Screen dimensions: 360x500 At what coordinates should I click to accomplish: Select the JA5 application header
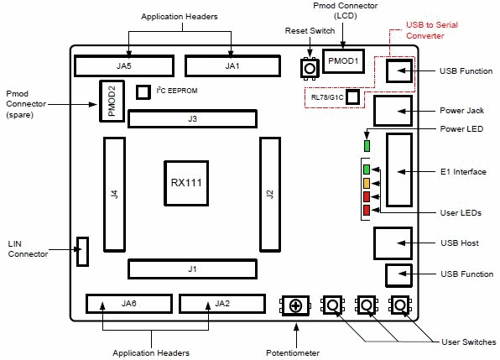pos(123,65)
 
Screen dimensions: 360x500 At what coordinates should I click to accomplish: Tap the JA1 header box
pos(232,65)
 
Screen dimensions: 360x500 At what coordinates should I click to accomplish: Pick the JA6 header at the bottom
pos(128,303)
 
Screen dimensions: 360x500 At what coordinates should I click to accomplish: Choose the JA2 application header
pos(221,303)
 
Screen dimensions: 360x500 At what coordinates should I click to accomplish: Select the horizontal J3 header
pos(192,119)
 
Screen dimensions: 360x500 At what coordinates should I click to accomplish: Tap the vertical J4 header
pos(113,194)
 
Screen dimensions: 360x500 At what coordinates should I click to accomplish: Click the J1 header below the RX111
pos(192,269)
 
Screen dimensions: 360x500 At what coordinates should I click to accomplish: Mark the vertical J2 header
pos(269,194)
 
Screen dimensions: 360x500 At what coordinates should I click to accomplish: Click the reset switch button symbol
pos(309,68)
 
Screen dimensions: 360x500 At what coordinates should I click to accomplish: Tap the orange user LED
pos(366,183)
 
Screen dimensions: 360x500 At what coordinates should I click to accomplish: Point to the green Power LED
pos(366,144)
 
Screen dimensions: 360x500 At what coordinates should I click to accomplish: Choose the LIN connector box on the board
pos(82,251)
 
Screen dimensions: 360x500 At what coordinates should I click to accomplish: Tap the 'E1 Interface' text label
pos(462,171)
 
